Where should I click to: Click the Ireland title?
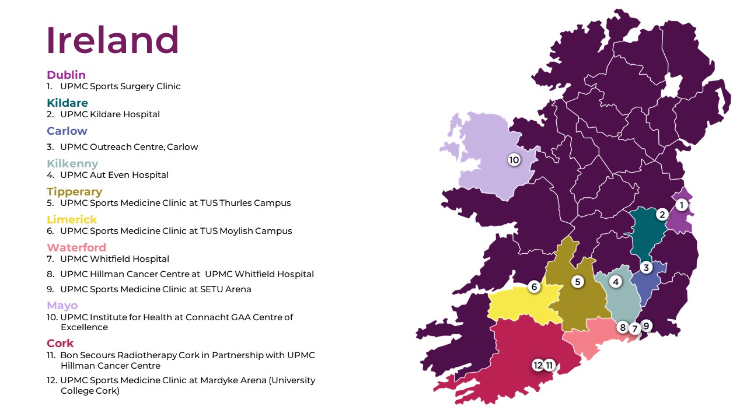113,40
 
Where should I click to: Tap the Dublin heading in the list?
66,75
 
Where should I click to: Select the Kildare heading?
67,103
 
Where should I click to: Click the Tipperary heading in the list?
74,192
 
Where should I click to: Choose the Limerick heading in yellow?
72,220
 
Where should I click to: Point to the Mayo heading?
62,306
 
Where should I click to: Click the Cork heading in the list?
60,343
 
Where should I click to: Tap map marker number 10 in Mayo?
514,159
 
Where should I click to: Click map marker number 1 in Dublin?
680,205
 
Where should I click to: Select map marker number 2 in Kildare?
662,214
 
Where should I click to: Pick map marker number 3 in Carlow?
645,268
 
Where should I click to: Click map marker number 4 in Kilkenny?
615,282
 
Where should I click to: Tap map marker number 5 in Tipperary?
578,282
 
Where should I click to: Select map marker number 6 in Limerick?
534,286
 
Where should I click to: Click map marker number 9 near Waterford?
645,325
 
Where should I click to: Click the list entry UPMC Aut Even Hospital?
114,175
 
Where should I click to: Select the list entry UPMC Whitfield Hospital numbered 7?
114,259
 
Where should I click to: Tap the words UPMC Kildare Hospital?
110,114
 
